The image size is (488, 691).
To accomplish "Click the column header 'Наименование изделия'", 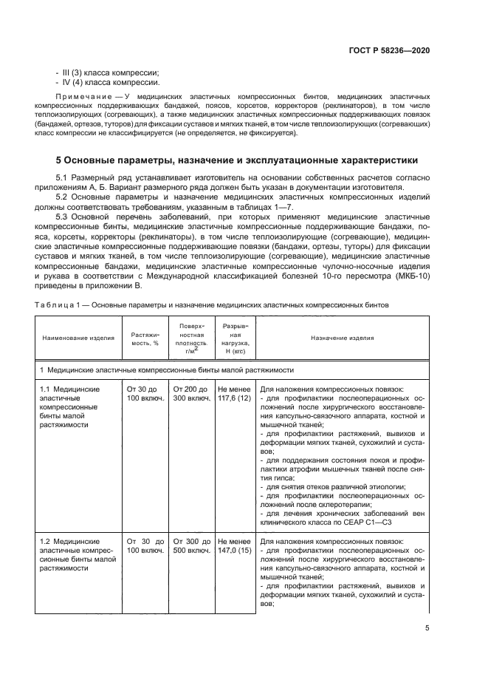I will (x=78, y=338).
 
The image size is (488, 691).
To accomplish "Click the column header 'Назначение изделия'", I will (x=342, y=338).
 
